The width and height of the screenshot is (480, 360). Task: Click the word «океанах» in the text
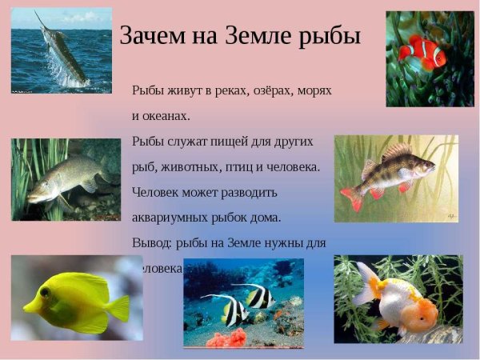(x=166, y=116)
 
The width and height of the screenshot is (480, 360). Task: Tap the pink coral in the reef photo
(x=227, y=336)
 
